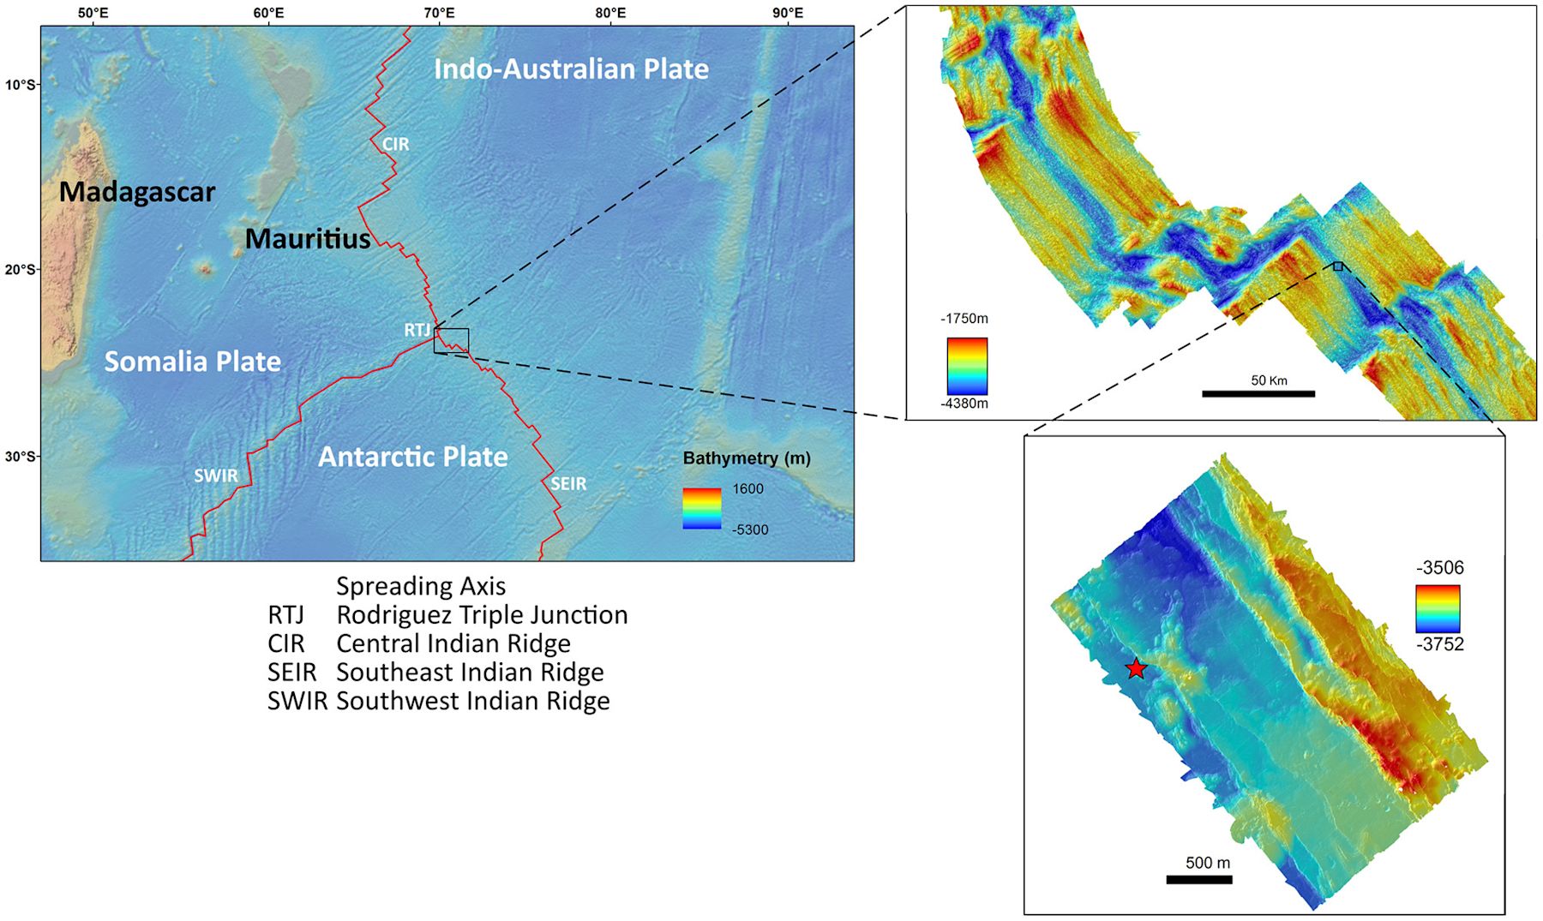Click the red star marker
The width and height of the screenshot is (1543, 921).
pyautogui.click(x=1136, y=669)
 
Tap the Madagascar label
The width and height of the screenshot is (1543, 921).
pyautogui.click(x=137, y=192)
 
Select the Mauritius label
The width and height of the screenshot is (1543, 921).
pyautogui.click(x=308, y=238)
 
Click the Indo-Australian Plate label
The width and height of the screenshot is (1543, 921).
pyautogui.click(x=571, y=69)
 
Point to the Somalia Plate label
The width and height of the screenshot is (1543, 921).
pyautogui.click(x=192, y=362)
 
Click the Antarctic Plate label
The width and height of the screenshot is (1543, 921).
pyautogui.click(x=412, y=457)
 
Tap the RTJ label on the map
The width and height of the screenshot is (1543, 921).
pyautogui.click(x=417, y=330)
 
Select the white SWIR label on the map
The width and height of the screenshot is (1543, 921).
pyautogui.click(x=215, y=475)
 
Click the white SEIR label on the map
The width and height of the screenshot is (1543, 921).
pyautogui.click(x=568, y=484)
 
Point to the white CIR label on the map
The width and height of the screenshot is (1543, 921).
pyautogui.click(x=395, y=144)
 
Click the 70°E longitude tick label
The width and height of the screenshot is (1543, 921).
pyautogui.click(x=439, y=13)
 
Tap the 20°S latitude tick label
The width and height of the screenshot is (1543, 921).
pyautogui.click(x=20, y=269)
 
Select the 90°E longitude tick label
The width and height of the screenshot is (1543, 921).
pyautogui.click(x=787, y=13)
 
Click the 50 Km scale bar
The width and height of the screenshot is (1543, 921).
pyautogui.click(x=1258, y=393)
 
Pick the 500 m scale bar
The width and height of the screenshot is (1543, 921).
pyautogui.click(x=1198, y=879)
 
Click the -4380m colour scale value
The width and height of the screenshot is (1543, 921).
pyautogui.click(x=964, y=404)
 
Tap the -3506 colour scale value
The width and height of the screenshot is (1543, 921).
pyautogui.click(x=1440, y=568)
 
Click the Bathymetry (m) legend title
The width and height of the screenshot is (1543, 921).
pyautogui.click(x=746, y=458)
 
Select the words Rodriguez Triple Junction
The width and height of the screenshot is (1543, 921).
pyautogui.click(x=482, y=615)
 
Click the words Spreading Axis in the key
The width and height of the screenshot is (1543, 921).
pyautogui.click(x=421, y=586)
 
